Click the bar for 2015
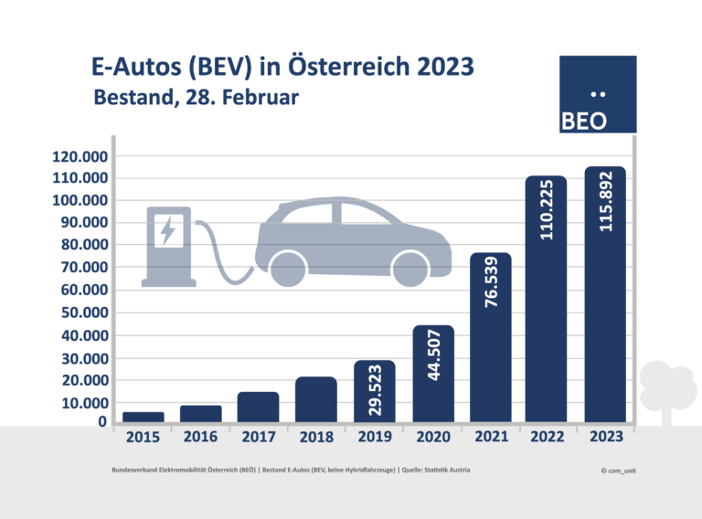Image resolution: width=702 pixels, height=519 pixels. tap(143, 417)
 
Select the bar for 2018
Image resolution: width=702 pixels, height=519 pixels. tap(315, 399)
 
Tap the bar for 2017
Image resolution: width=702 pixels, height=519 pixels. tap(258, 407)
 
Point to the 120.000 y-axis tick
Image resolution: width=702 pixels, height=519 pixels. tap(80, 156)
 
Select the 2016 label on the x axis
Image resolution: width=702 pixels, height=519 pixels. tap(200, 438)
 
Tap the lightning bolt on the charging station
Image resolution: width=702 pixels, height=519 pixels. tap(167, 230)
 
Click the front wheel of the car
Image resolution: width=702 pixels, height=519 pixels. tap(409, 268)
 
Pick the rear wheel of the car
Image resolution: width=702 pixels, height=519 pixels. tap(288, 268)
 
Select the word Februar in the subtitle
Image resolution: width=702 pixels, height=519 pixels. tap(263, 97)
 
